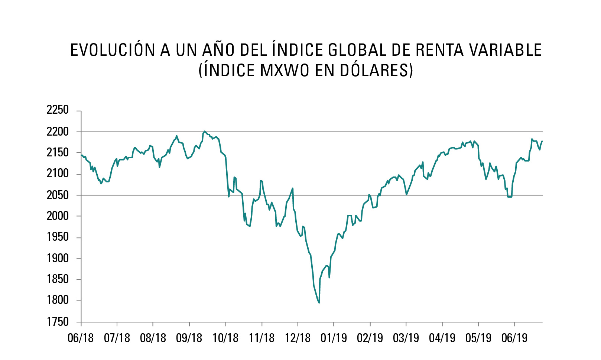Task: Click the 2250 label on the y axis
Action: [58, 110]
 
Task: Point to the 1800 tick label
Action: [58, 300]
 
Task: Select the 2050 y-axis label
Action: [58, 195]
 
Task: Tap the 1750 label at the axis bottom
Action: [58, 322]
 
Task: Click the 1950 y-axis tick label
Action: [58, 237]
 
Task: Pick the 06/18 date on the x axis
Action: [81, 338]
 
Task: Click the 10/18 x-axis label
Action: [225, 338]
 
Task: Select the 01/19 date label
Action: [334, 338]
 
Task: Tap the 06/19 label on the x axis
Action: [514, 338]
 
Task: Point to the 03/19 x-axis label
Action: [406, 338]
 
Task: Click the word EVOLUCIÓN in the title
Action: [113, 51]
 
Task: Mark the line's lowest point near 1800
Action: [319, 303]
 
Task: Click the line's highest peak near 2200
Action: [205, 131]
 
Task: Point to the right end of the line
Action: [542, 141]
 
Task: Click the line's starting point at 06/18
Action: [81, 155]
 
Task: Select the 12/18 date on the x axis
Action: [298, 338]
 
